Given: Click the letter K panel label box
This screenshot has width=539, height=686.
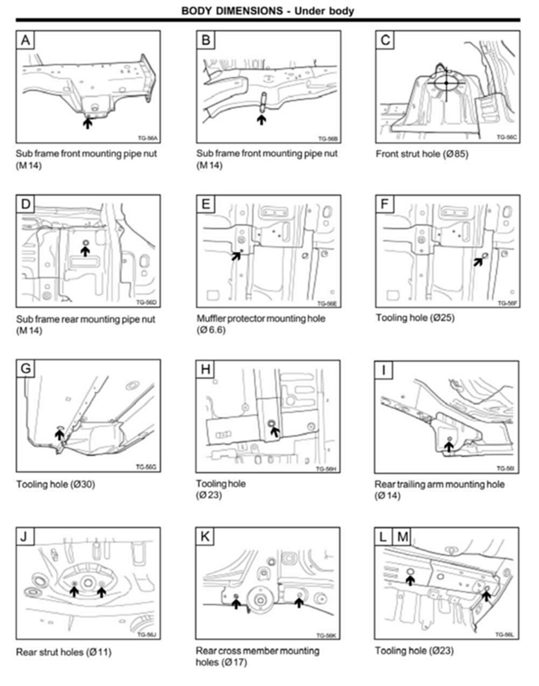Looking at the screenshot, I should coord(206,537).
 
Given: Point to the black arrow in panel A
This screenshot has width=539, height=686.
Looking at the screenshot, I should coord(87,123).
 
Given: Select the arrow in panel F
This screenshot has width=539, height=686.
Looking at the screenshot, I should coord(478,260).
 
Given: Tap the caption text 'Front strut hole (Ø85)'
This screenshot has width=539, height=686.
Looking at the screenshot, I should coord(422,154).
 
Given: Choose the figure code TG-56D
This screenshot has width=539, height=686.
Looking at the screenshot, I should coord(145,302).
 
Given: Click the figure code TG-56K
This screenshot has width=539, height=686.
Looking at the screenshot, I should coord(326,635).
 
